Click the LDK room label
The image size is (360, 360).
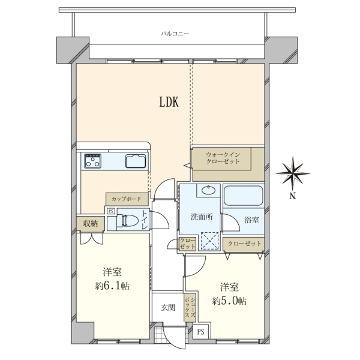pyautogui.click(x=169, y=102)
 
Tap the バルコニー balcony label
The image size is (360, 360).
pyautogui.click(x=175, y=34)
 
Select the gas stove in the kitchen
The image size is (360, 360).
pyautogui.click(x=93, y=160)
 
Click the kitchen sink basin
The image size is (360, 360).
pyautogui.click(x=136, y=161)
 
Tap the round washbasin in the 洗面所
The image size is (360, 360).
pyautogui.click(x=209, y=190)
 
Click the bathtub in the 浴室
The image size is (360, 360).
pyautogui.click(x=243, y=196)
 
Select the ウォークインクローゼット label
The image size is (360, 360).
pyautogui.click(x=223, y=158)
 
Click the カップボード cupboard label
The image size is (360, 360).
pyautogui.click(x=126, y=199)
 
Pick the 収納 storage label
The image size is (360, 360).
pyautogui.click(x=91, y=223)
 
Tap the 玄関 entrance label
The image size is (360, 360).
pyautogui.click(x=168, y=307)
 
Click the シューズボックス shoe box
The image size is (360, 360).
pyautogui.click(x=190, y=307)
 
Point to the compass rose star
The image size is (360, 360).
pyautogui.click(x=293, y=173)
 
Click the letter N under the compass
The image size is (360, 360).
pyautogui.click(x=292, y=196)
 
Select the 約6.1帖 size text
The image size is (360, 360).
pyautogui.click(x=112, y=286)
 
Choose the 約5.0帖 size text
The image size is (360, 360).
pyautogui.click(x=230, y=301)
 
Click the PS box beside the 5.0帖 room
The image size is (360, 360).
pyautogui.click(x=200, y=332)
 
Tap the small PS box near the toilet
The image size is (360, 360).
pyautogui.click(x=111, y=211)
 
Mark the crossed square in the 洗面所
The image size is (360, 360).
pyautogui.click(x=210, y=241)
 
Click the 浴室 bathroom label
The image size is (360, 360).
pyautogui.click(x=251, y=220)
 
